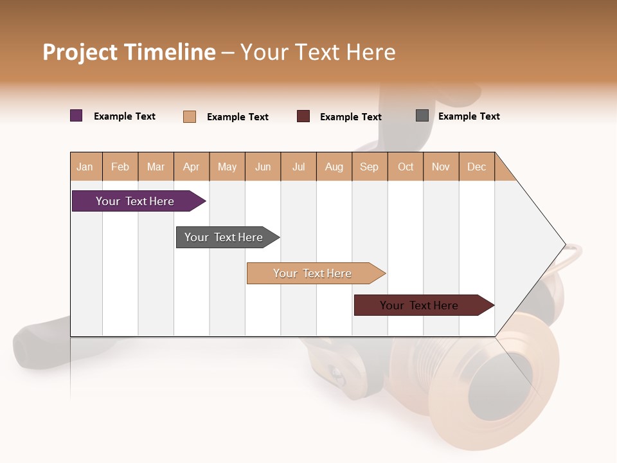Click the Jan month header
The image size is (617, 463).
(85, 167)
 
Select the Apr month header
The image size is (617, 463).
(192, 167)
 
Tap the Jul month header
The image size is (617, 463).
(299, 167)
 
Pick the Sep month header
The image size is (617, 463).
(370, 167)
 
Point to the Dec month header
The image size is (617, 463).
(477, 167)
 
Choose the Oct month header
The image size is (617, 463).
(406, 167)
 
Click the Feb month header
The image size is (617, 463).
(120, 167)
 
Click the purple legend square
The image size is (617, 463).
(76, 116)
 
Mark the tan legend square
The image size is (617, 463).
(190, 116)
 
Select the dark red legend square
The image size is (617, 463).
(303, 116)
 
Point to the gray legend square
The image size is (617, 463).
(422, 116)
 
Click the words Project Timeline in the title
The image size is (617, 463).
(129, 52)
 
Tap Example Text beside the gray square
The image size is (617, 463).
(469, 116)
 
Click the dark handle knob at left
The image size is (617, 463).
(32, 347)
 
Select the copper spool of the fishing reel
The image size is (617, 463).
(488, 386)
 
